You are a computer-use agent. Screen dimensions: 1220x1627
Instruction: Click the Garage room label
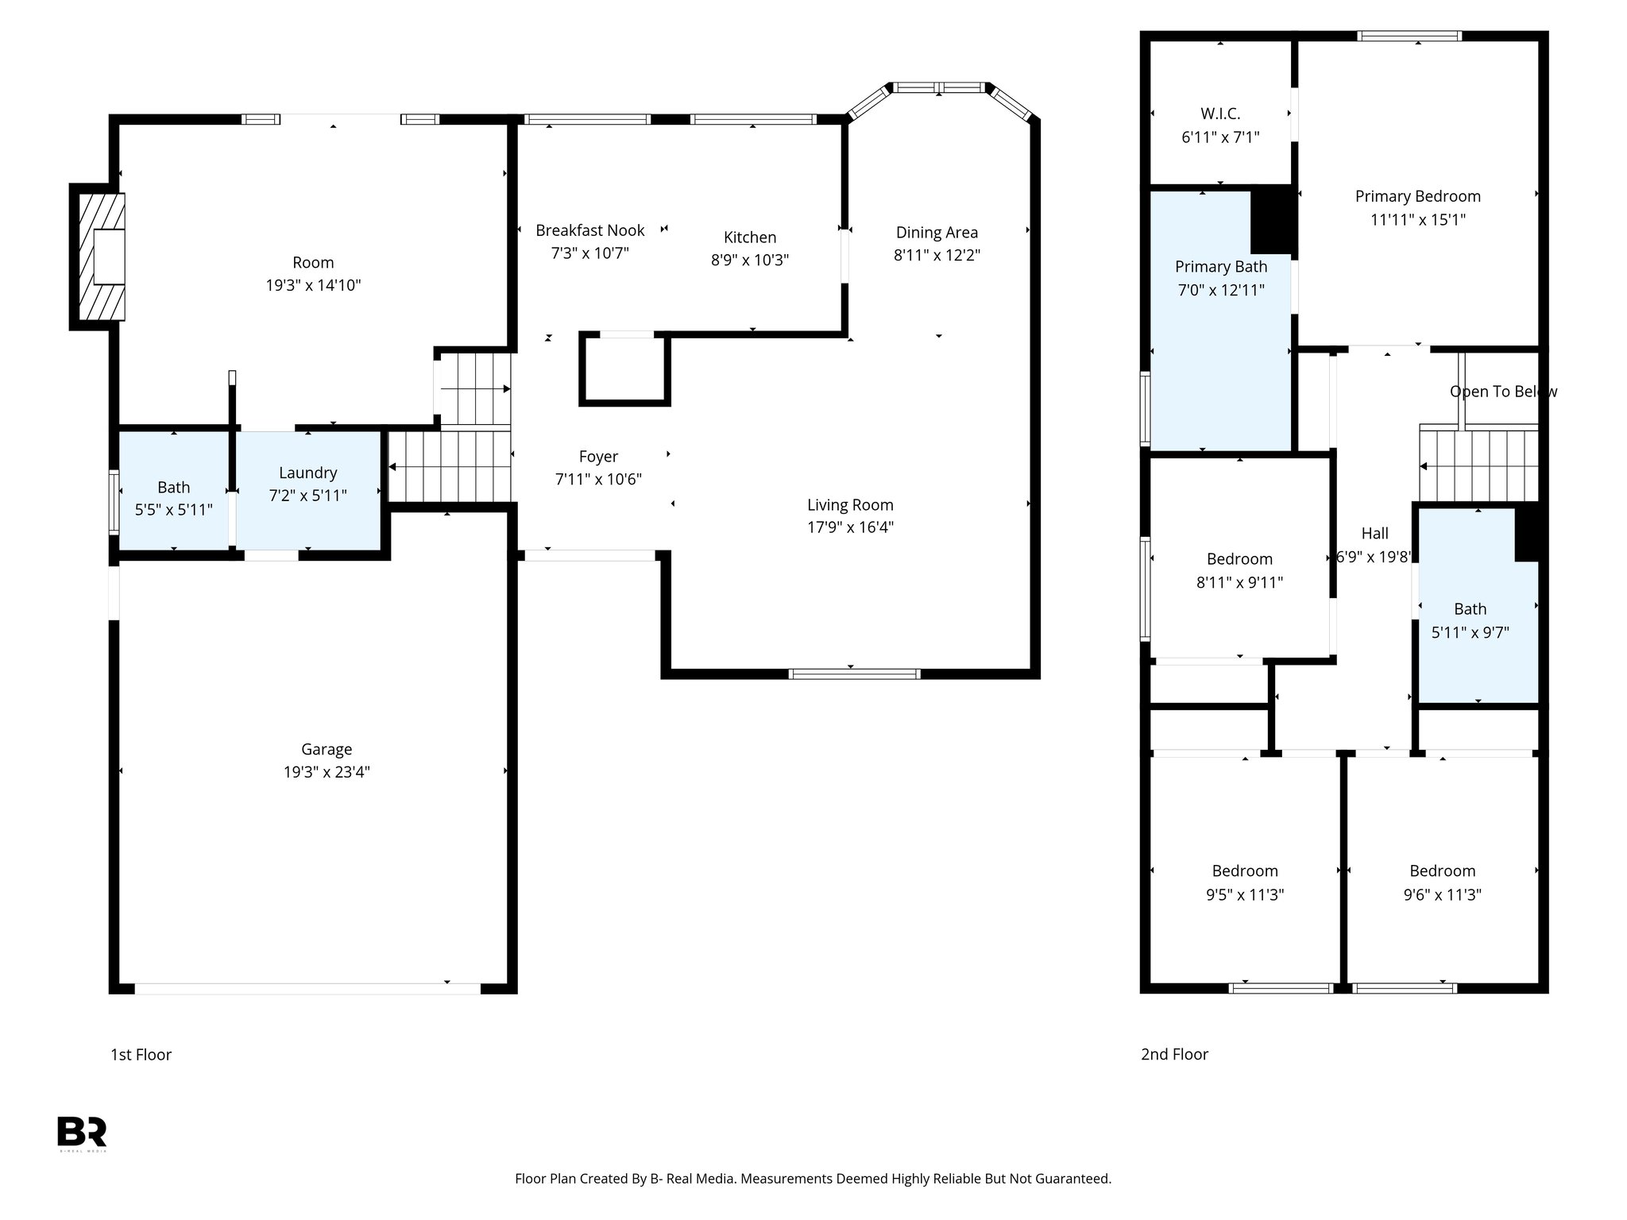click(x=327, y=749)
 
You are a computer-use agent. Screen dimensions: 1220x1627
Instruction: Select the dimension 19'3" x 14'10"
click(x=313, y=285)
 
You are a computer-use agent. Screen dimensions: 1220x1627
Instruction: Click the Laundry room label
click(x=307, y=473)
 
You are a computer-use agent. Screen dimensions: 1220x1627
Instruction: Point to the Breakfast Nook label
click(x=589, y=230)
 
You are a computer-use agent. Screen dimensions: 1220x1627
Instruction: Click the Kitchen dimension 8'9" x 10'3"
click(x=749, y=260)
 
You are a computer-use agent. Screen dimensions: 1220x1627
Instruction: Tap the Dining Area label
click(x=937, y=233)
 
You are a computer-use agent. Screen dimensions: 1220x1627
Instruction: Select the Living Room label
click(x=850, y=504)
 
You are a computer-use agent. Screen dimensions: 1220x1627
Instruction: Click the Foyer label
click(x=598, y=457)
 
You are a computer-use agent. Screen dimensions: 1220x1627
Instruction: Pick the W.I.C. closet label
click(x=1220, y=114)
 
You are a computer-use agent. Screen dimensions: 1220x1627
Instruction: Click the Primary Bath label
click(x=1221, y=267)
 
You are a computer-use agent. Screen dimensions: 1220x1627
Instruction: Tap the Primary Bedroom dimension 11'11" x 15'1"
click(x=1417, y=219)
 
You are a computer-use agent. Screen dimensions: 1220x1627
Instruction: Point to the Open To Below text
click(x=1502, y=392)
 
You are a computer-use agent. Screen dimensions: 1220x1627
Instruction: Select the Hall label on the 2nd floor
click(x=1374, y=533)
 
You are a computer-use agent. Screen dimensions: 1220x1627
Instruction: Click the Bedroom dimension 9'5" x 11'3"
click(x=1245, y=894)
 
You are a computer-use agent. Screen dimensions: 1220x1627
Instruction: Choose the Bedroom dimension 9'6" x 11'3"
click(x=1442, y=894)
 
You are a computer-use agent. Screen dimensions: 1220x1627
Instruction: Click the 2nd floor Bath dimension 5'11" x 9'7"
click(x=1470, y=632)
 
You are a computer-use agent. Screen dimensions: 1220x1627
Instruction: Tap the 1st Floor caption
click(x=141, y=1054)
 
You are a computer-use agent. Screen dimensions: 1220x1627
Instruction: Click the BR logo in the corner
click(x=82, y=1132)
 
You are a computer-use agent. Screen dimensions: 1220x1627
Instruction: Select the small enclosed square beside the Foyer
click(x=624, y=369)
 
